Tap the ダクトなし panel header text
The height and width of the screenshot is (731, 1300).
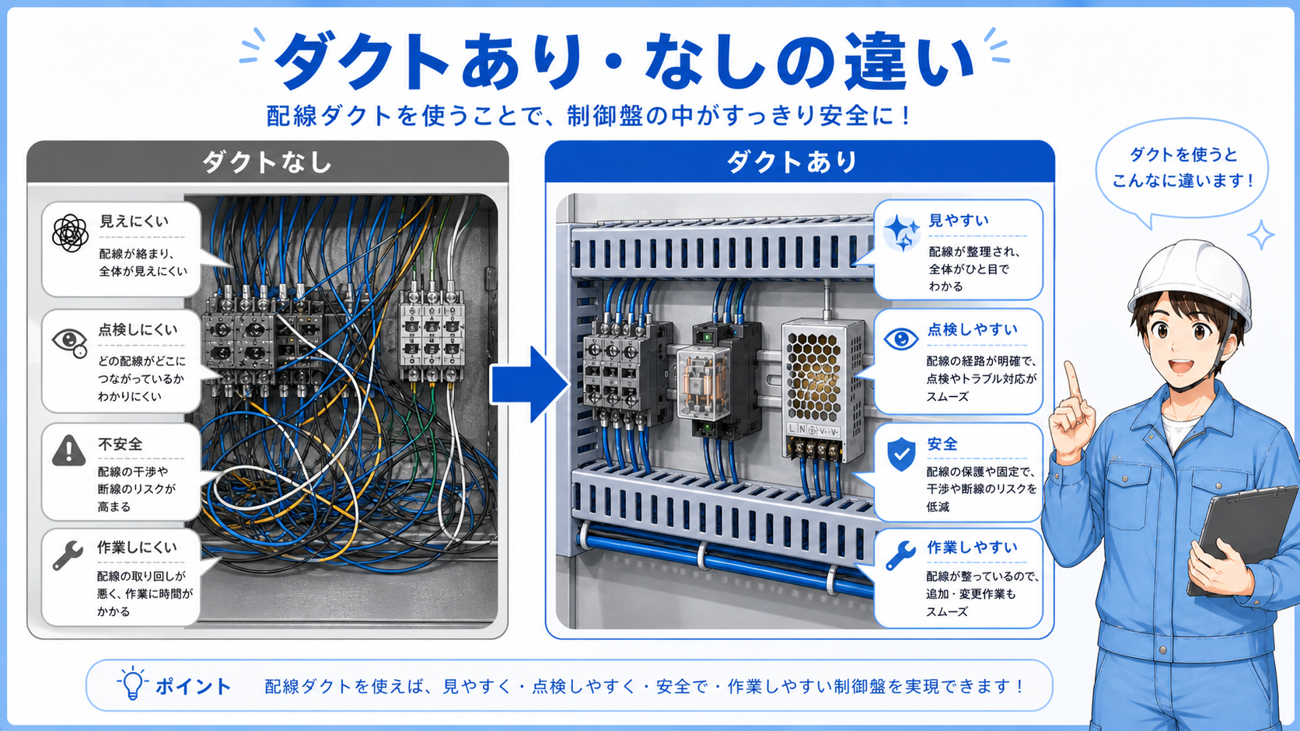coord(267,162)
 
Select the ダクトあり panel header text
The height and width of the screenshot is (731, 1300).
coord(792,161)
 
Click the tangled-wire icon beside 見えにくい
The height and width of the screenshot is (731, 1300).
coord(70,233)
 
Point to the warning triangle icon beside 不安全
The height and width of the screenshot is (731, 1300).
coord(69,451)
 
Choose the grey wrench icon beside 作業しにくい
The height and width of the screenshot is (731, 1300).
coord(68,555)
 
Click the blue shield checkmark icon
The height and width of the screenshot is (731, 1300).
coord(901,454)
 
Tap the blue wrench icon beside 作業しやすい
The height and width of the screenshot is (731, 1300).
coord(900,556)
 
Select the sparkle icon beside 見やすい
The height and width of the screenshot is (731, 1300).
coord(901,232)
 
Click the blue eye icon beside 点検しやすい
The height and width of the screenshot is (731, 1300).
coord(900,339)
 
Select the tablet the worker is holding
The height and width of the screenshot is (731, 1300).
coord(1241,539)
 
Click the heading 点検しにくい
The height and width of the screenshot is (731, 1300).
coord(138,330)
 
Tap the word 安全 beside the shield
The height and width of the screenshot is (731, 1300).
coord(942,444)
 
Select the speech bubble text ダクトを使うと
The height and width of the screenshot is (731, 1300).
coord(1183,154)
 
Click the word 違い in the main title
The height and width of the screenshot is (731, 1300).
coord(908,61)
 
